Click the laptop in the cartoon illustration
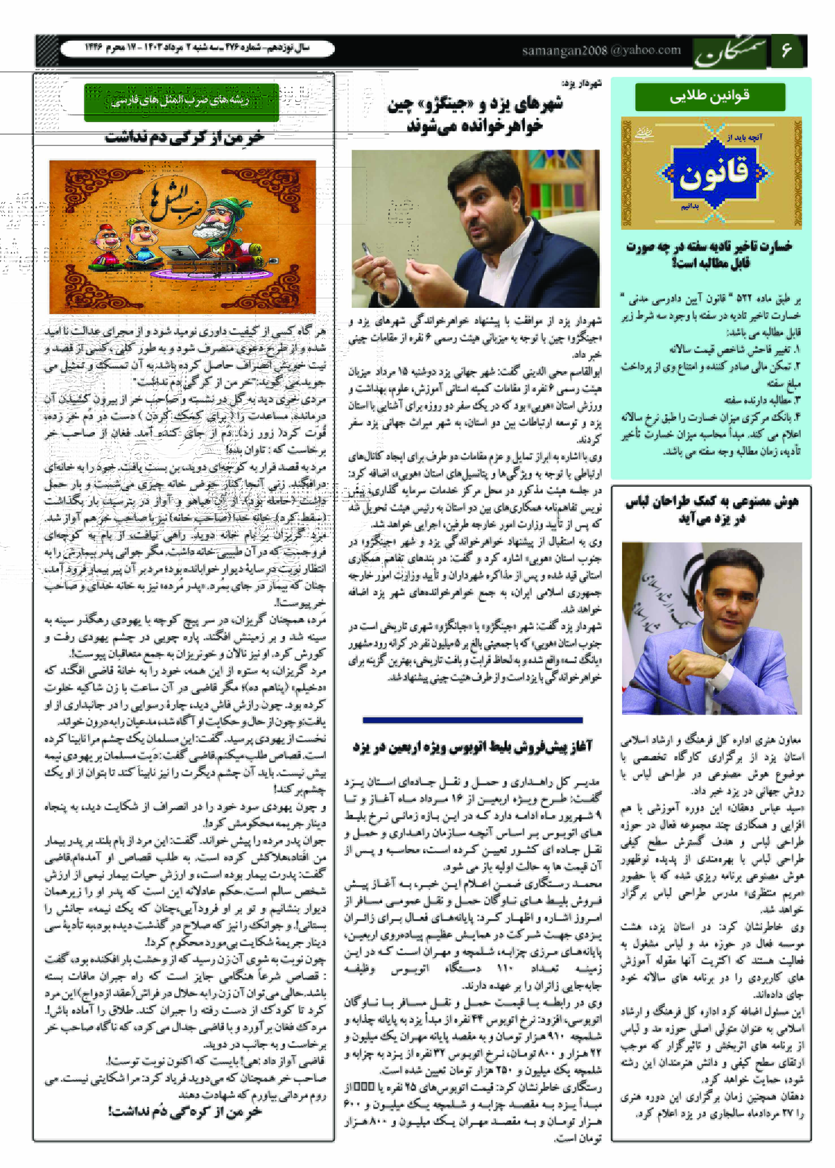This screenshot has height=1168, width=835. point(180,252)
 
